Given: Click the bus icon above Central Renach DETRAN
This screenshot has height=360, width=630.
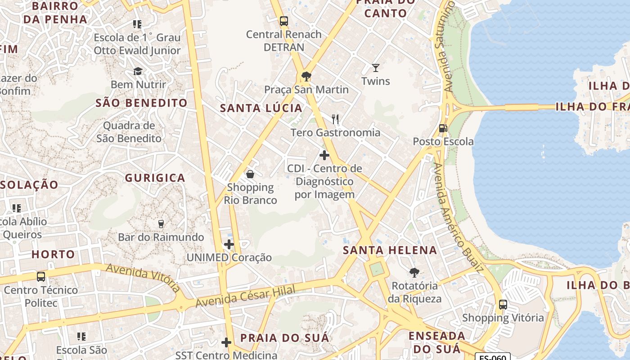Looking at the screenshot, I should [x=283, y=21].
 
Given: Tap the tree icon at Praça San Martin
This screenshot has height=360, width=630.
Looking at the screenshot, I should [x=306, y=76].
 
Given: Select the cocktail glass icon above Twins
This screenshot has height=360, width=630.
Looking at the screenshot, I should [x=376, y=68].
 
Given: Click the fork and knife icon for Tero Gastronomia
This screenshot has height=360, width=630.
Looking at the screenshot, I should [x=335, y=119].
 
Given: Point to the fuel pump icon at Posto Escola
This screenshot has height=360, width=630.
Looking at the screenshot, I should [x=443, y=128].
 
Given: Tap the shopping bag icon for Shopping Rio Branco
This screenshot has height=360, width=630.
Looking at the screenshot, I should [x=250, y=174].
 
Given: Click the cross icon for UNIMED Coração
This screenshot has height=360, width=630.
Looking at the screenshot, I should [x=229, y=244].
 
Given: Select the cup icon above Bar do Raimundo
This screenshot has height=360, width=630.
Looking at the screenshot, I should [x=161, y=224].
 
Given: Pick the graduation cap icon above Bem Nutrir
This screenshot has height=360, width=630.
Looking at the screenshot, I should [x=138, y=72].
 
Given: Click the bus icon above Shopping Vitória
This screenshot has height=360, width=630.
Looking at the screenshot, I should [x=503, y=305].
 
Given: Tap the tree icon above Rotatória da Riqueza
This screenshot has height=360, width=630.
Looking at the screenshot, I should [x=414, y=272].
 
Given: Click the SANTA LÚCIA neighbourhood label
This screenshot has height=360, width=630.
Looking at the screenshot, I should [x=261, y=108].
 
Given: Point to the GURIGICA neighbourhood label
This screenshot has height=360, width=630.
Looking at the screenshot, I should [x=155, y=178].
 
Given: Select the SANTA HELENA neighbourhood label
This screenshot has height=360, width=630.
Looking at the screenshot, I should [x=390, y=250].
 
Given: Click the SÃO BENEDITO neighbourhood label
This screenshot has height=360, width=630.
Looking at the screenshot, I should [x=141, y=103].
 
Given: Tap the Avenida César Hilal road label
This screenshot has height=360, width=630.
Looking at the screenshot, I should [x=246, y=297].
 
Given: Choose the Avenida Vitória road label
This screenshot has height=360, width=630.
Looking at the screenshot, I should [x=143, y=278].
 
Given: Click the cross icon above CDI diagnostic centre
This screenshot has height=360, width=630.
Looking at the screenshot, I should [x=324, y=155].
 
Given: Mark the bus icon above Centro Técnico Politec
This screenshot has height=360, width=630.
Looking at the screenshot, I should [x=41, y=276].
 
